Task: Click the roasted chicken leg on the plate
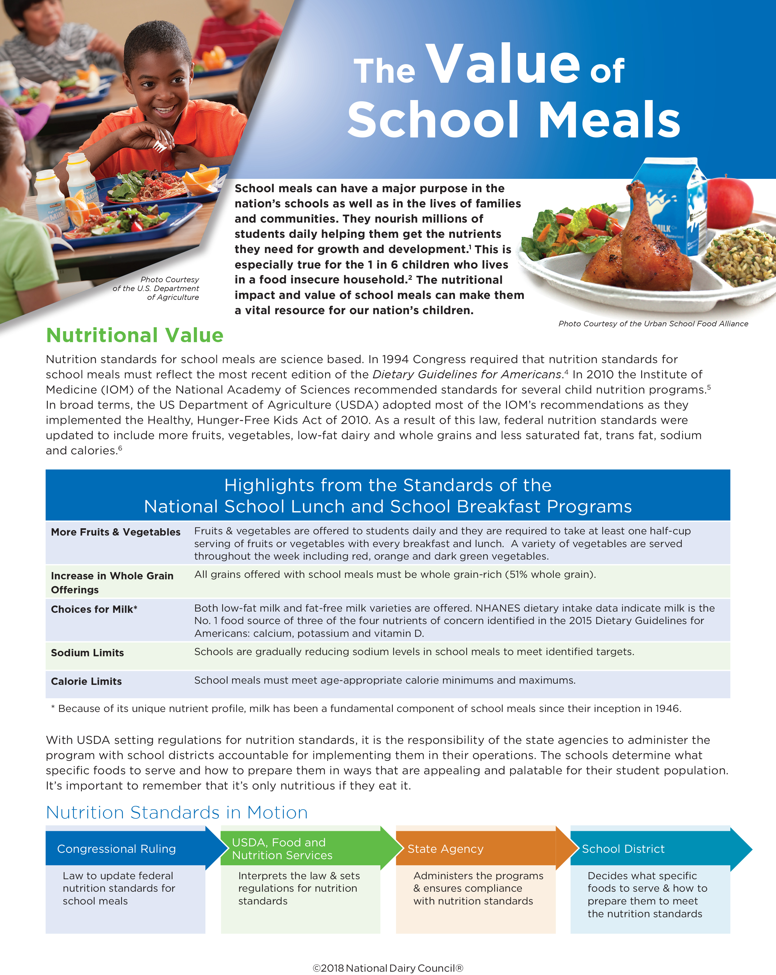pos(642,244)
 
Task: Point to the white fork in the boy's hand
pos(159,146)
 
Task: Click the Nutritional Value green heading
pos(135,335)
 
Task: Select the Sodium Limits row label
pos(87,653)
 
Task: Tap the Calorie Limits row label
pos(86,681)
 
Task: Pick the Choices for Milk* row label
pos(94,609)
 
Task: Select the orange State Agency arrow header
pos(446,849)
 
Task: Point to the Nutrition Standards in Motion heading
pos(177,813)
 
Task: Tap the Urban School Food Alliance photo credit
pos(653,324)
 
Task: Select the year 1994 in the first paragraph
pos(396,359)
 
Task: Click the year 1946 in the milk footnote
pos(667,709)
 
